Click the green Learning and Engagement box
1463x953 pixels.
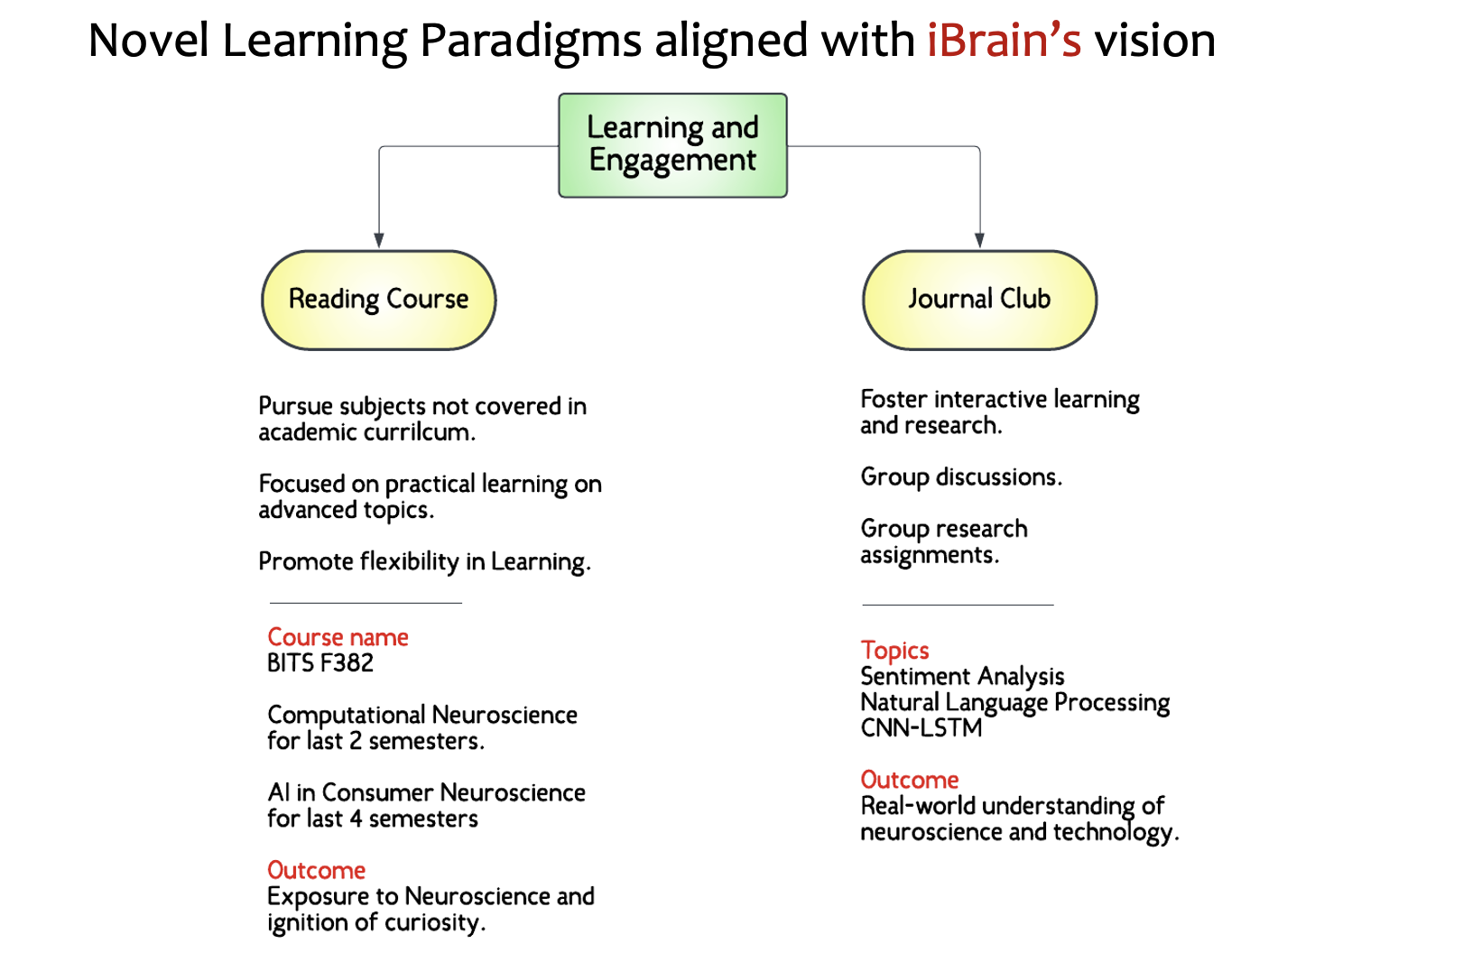[x=672, y=144]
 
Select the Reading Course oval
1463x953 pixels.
[x=378, y=300]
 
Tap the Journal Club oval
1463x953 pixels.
[x=979, y=300]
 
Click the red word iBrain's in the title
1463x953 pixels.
[x=1003, y=41]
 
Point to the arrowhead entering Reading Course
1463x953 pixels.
[x=379, y=241]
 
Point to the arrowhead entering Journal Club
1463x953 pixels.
[x=979, y=241]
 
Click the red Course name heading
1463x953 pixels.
[x=338, y=637]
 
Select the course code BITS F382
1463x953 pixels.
[x=320, y=663]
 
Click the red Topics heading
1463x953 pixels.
[x=894, y=650]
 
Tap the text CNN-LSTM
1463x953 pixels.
[x=921, y=728]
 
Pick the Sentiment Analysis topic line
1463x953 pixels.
[x=962, y=676]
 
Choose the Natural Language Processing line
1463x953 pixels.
[x=1014, y=702]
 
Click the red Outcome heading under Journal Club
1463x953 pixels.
[x=910, y=780]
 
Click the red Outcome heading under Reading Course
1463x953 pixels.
[x=316, y=870]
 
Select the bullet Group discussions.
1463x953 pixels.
[x=961, y=476]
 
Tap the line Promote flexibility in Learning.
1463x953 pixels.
[x=424, y=561]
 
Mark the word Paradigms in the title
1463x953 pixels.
[x=531, y=41]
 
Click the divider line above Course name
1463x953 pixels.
[x=366, y=603]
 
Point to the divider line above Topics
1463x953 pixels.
[x=958, y=605]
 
